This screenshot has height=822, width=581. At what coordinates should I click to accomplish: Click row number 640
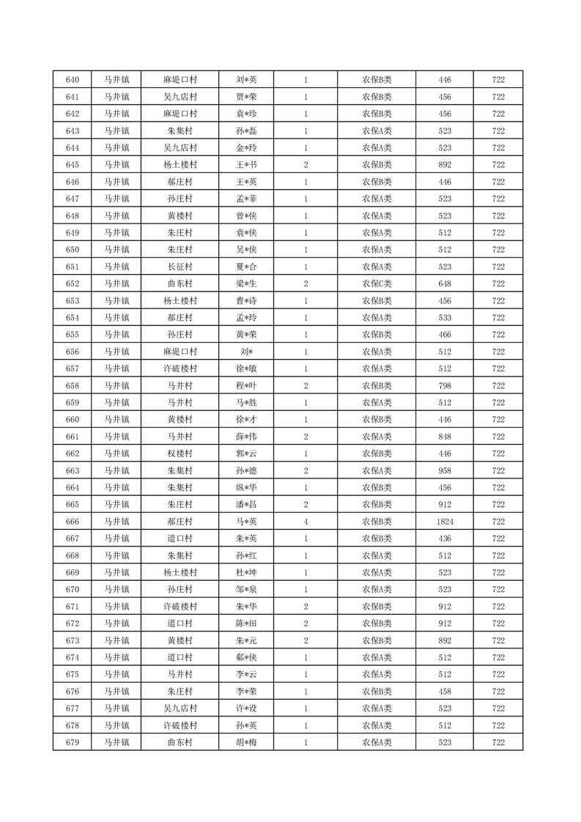72,80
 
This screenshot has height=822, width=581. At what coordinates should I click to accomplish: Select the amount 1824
445,522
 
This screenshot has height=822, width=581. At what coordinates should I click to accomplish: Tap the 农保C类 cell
377,284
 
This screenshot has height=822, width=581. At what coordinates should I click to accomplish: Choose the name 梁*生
246,284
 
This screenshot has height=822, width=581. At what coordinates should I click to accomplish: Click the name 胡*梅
246,742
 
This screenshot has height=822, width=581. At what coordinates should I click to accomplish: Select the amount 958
445,470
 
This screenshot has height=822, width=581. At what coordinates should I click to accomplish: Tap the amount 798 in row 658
445,385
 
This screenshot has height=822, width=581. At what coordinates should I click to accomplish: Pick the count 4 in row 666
306,522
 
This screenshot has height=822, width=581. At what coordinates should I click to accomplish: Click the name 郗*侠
246,657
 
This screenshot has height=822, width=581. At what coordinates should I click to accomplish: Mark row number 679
72,742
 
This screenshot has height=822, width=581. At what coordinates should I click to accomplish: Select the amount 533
445,317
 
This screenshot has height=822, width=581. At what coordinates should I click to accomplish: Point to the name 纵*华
246,487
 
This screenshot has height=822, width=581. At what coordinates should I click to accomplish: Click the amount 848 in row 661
445,437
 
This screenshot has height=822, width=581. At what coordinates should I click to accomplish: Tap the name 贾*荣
246,97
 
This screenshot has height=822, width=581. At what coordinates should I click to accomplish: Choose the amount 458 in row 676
445,691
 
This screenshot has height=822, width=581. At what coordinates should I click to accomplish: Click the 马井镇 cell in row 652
116,284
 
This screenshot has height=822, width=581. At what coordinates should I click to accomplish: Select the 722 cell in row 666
498,522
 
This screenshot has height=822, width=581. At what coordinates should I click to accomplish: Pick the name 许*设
246,708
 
